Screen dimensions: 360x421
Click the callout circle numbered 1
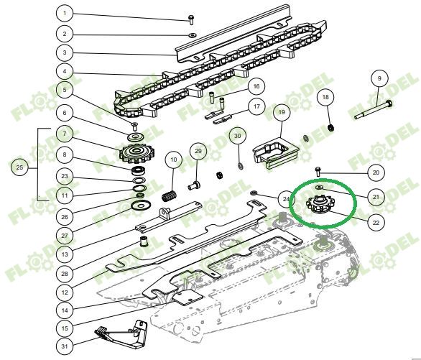(65, 14)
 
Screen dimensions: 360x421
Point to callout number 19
(281, 112)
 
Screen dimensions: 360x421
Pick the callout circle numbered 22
(375, 222)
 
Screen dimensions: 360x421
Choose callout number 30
(238, 135)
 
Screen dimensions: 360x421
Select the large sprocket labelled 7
(134, 152)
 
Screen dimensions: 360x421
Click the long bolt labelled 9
(372, 110)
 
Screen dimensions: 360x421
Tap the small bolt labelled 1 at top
(191, 17)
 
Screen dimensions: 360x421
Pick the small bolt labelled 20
(320, 171)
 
